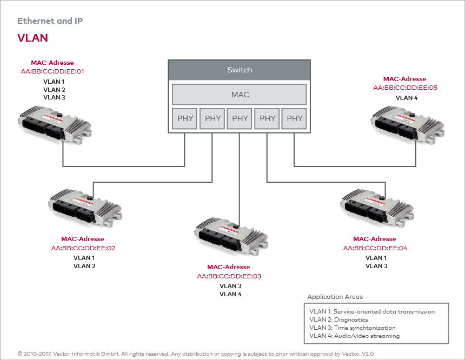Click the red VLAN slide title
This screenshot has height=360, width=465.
click(32, 38)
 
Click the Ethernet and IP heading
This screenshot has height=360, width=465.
click(50, 21)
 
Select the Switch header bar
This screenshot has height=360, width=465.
click(240, 70)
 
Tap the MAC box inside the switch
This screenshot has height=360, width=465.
click(240, 95)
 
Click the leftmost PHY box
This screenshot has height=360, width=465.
click(185, 118)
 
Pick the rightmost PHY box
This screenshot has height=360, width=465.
click(295, 118)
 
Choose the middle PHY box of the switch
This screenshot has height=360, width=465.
click(240, 118)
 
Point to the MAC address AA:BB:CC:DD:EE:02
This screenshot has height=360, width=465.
click(83, 249)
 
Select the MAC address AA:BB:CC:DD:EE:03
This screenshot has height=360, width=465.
click(229, 276)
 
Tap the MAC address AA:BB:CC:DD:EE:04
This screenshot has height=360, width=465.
click(375, 249)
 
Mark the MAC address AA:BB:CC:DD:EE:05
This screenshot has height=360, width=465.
click(404, 88)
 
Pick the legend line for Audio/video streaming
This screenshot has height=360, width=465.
click(354, 336)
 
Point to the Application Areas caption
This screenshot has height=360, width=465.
click(335, 297)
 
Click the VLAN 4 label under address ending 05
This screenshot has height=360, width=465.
click(407, 98)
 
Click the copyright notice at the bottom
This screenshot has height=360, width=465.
click(195, 353)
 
